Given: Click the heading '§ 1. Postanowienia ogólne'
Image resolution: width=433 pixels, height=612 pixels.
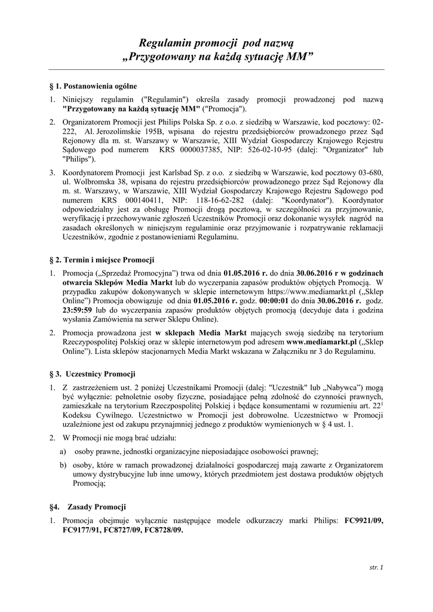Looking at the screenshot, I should pos(93,85).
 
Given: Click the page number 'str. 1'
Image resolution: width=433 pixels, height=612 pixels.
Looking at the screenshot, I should pos(377,567).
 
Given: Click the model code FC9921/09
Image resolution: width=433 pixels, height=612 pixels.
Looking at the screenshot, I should pos(364,521).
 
